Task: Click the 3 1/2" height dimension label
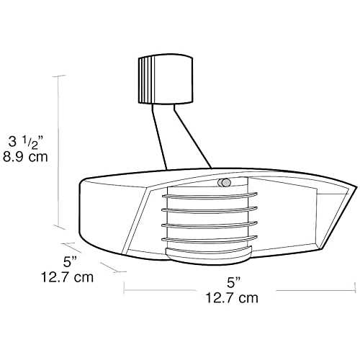tap(26, 142)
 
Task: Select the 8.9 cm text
tap(25, 157)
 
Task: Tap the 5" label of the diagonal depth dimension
tap(71, 262)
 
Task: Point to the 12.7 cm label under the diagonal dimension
tap(67, 277)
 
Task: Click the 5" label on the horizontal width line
tap(233, 282)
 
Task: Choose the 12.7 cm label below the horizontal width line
tap(232, 298)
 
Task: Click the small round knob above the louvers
tap(224, 183)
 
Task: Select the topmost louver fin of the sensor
tap(210, 196)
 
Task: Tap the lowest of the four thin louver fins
tap(210, 239)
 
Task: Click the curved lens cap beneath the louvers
tap(209, 256)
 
